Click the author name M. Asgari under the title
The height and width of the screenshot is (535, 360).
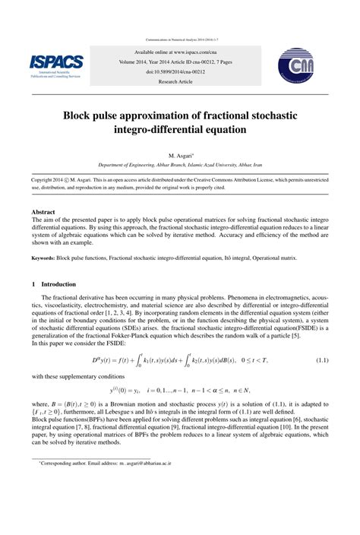(x=179, y=154)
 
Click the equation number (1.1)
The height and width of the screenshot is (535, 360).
(x=321, y=358)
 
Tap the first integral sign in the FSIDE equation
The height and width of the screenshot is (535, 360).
(x=141, y=358)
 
